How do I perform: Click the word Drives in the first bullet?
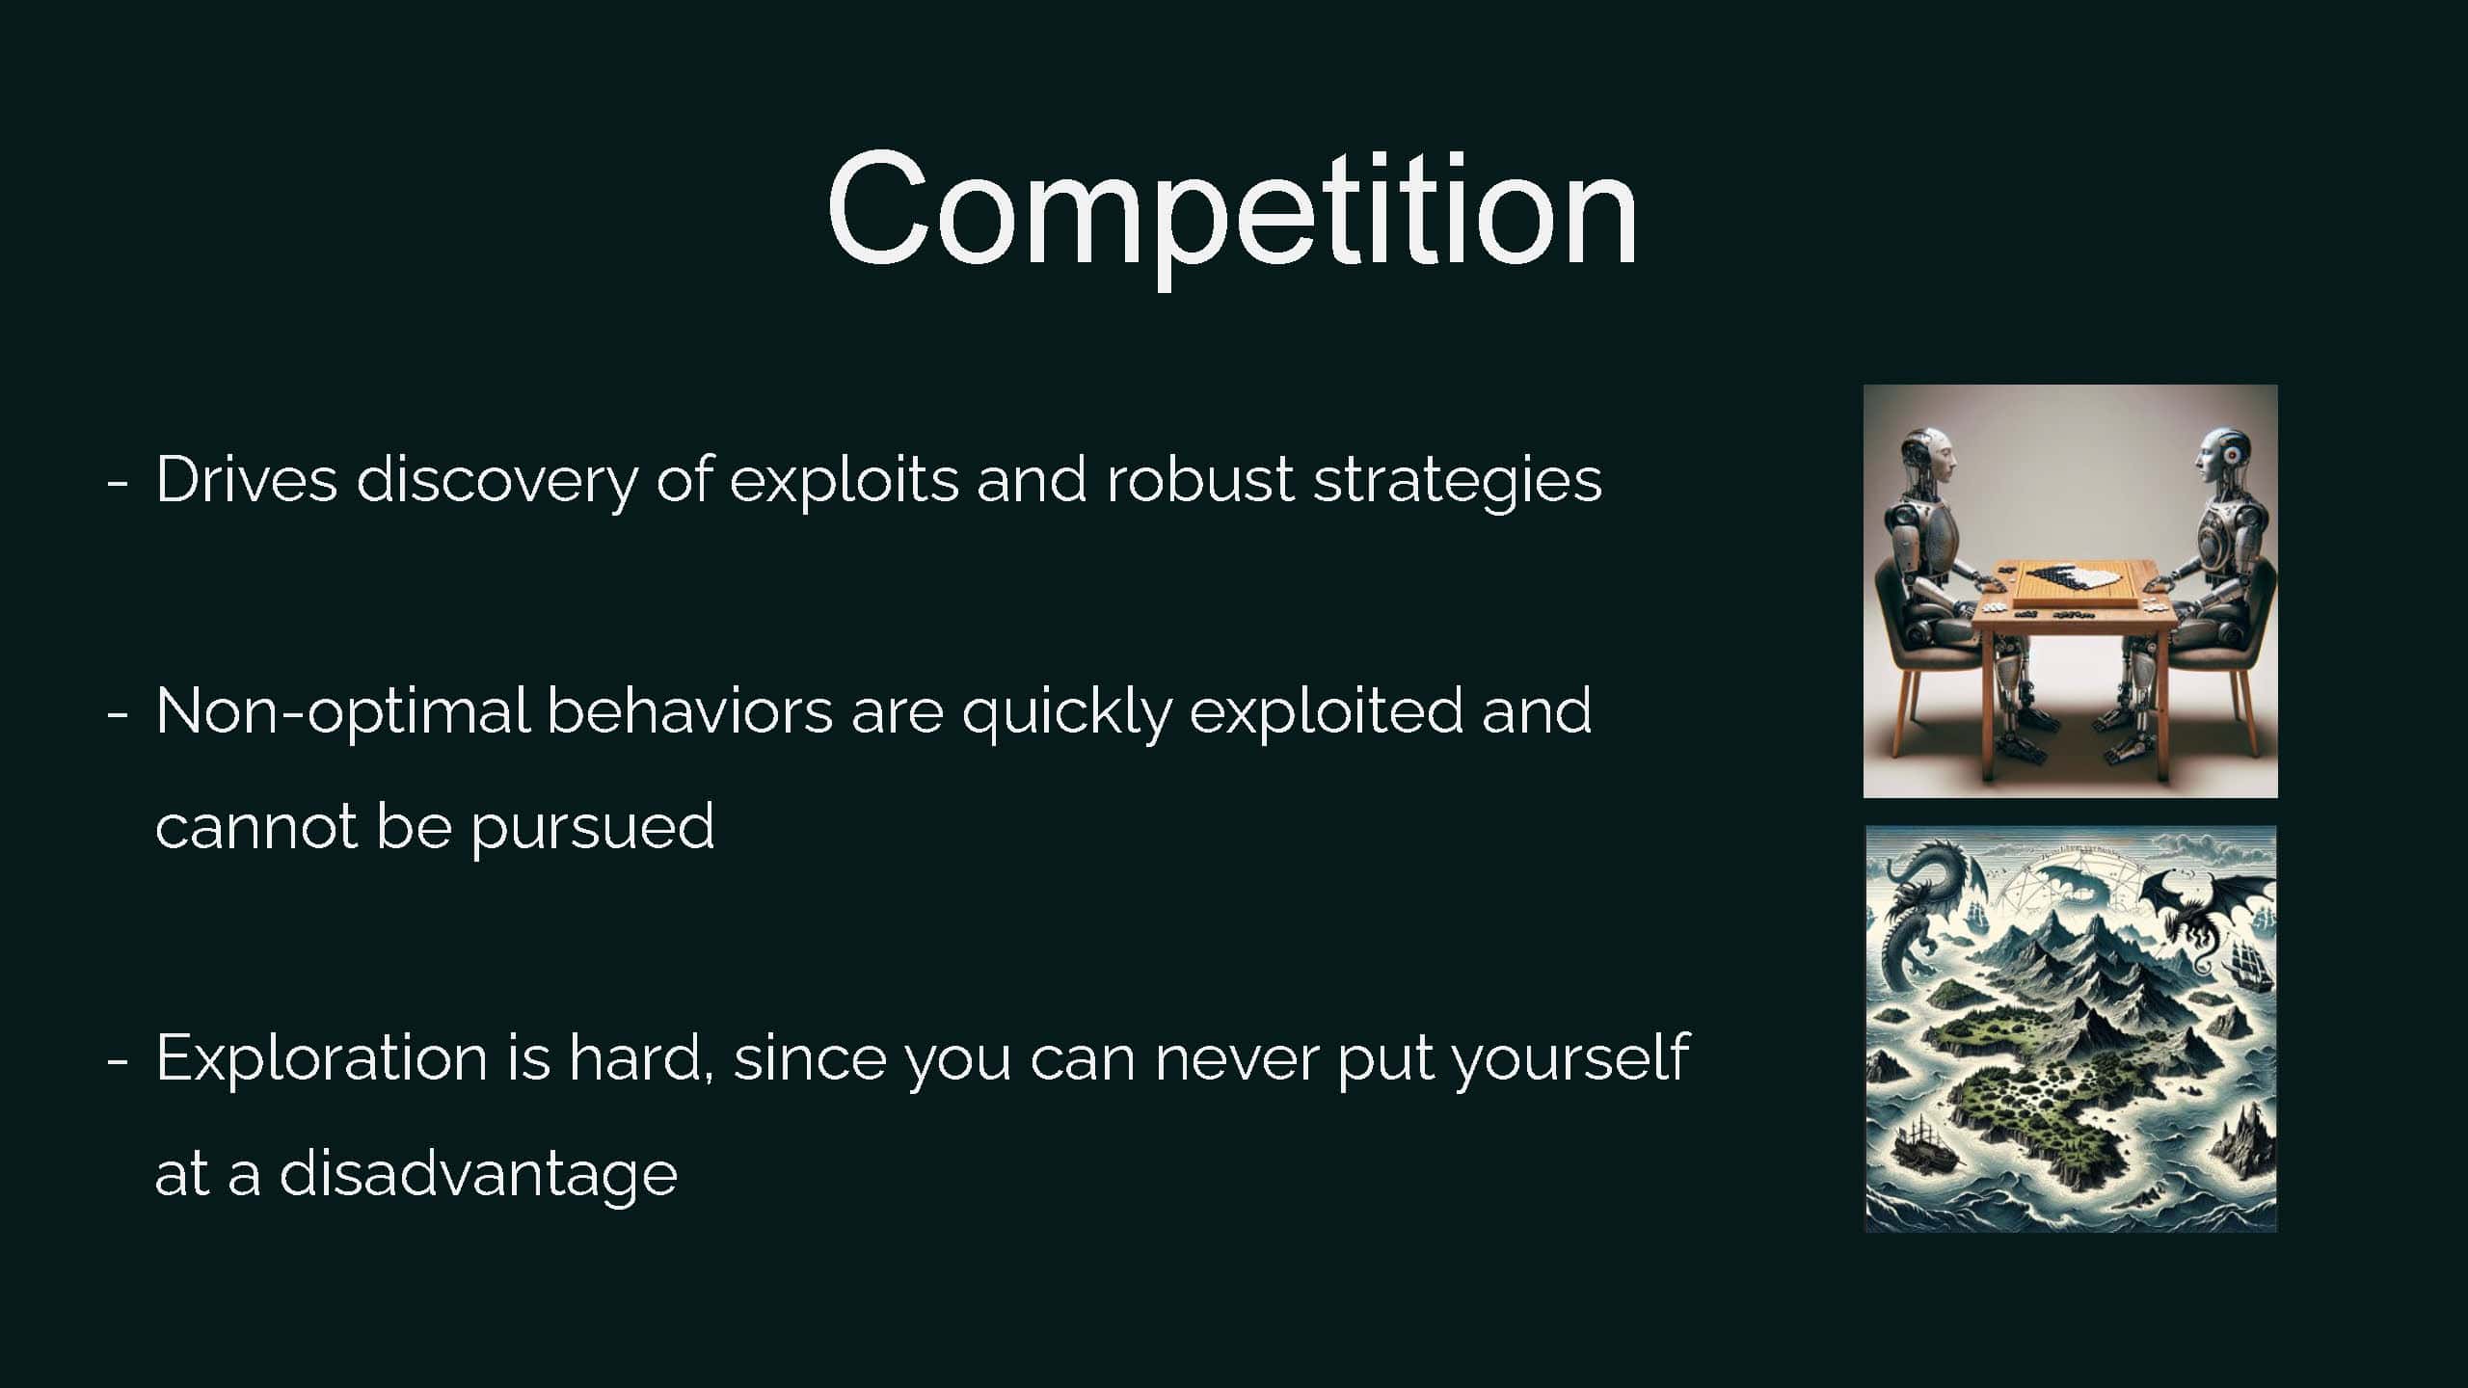point(247,479)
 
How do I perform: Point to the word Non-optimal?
point(342,711)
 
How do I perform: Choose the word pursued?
point(592,828)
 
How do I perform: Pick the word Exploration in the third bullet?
point(322,1058)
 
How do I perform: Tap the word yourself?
point(1570,1058)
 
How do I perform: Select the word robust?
point(1199,479)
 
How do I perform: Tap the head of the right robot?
point(2218,460)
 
